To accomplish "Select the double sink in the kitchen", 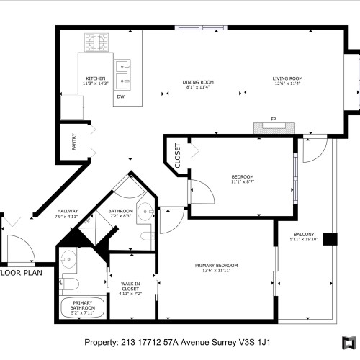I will click(125, 73).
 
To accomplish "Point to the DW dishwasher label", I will click(120, 96).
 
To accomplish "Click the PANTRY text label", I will click(74, 142).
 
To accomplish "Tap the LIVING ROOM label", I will click(287, 81).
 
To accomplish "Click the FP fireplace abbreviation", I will click(273, 119).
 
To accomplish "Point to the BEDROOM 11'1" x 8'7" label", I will click(243, 179).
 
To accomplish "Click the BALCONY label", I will click(304, 237).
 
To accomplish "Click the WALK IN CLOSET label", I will click(130, 288).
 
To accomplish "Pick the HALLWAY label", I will click(67, 213).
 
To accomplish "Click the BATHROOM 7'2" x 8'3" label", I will click(120, 213).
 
